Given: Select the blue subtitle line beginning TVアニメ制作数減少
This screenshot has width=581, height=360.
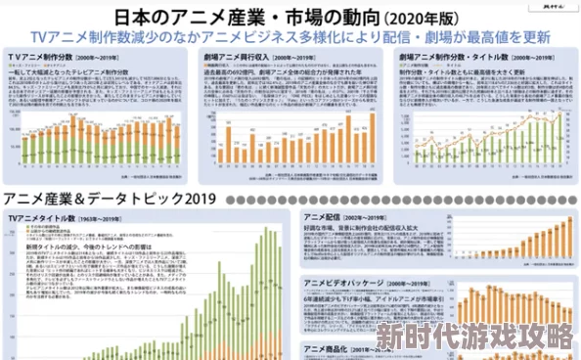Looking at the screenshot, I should (x=290, y=37).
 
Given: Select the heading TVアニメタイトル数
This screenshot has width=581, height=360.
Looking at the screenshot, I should (x=42, y=215).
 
